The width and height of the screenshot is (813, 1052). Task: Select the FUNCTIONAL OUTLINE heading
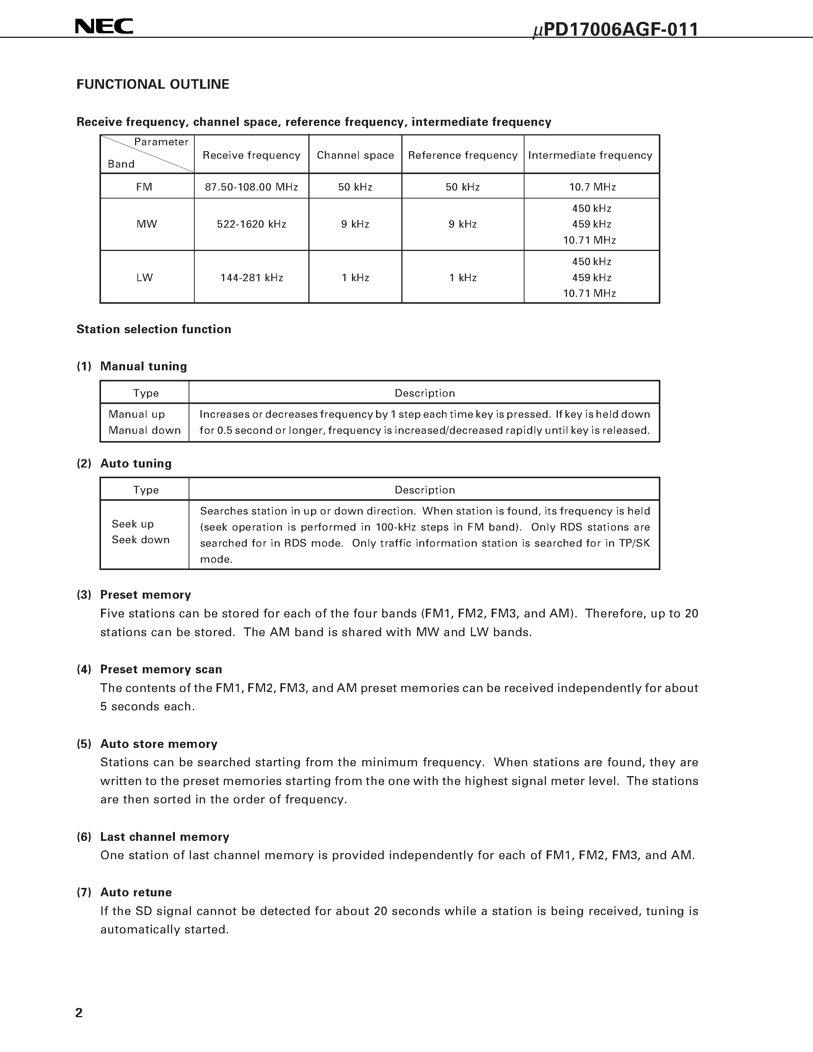pos(153,84)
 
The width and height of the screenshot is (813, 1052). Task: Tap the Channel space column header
pos(355,155)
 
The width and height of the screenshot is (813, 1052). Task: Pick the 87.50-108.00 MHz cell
pos(251,187)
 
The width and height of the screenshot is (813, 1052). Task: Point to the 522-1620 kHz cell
pos(251,224)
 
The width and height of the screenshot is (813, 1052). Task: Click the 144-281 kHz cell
pos(251,277)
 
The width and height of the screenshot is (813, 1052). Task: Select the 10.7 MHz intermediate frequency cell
pos(592,187)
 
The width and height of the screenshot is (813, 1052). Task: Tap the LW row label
pos(145,277)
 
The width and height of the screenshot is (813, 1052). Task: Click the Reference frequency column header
pos(463,155)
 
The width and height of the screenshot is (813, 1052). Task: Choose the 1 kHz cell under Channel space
pos(355,277)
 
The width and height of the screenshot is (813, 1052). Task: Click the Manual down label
pos(145,430)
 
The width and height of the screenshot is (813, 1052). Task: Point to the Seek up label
pos(132,524)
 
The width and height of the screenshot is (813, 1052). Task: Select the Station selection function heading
pos(154,329)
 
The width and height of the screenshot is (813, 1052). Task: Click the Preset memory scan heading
pos(161,669)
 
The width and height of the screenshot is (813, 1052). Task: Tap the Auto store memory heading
pos(158,744)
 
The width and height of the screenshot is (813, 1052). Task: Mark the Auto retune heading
pos(136,892)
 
